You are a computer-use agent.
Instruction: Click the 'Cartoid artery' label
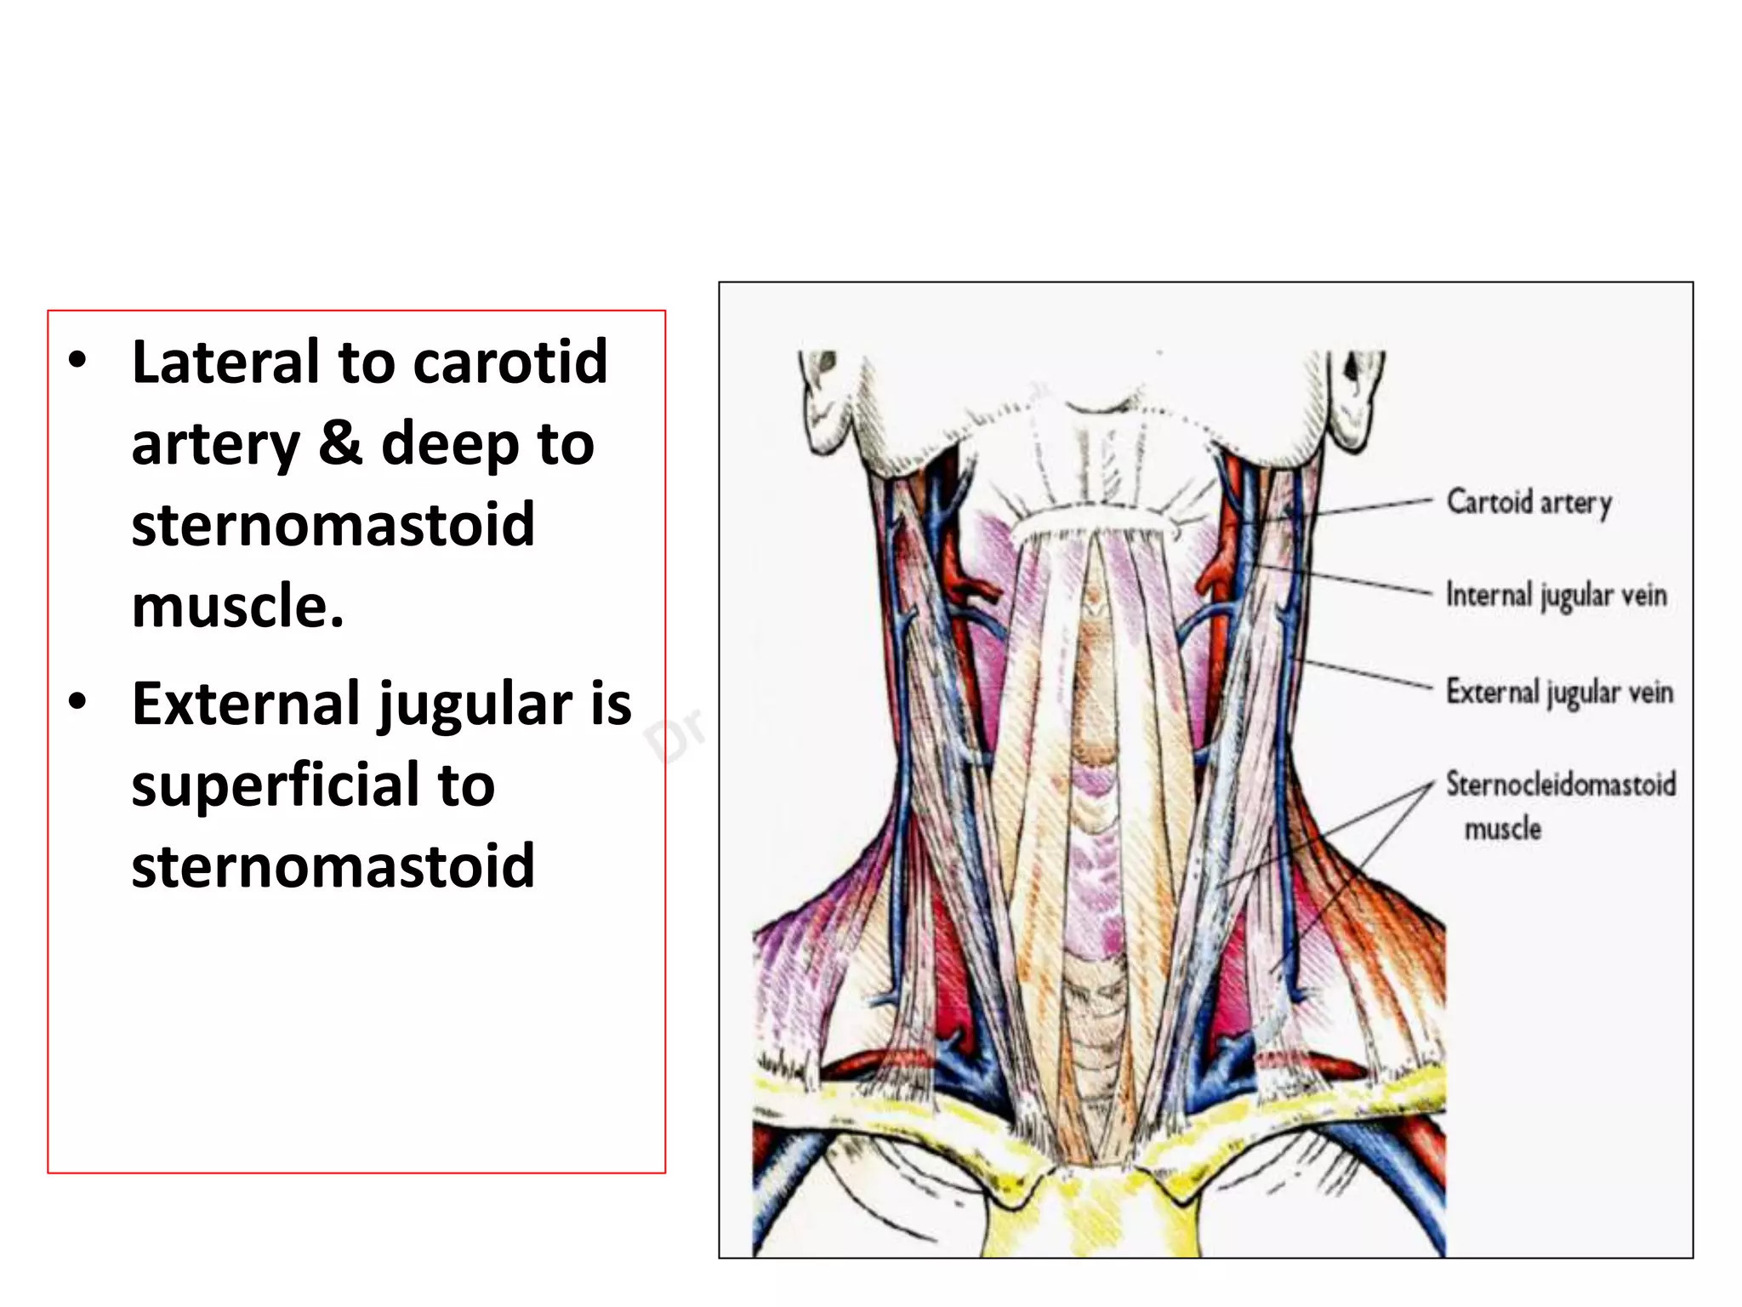point(1529,503)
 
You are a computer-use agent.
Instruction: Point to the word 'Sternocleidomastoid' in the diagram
point(1561,784)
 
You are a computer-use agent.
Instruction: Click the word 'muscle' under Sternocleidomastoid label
point(1502,828)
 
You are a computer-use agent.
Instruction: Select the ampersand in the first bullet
point(339,443)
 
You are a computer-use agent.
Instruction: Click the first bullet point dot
point(77,361)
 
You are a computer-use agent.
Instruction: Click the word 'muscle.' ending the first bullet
point(238,606)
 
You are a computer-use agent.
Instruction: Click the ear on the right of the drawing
point(1352,400)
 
